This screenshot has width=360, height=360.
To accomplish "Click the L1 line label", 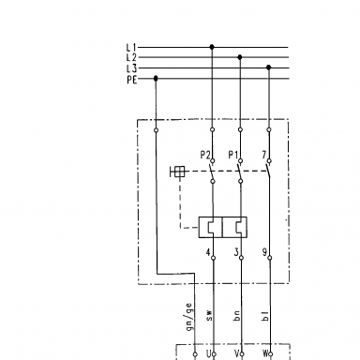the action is click(x=131, y=48).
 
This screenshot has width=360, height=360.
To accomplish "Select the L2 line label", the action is click(x=131, y=57).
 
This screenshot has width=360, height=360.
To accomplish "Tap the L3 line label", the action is click(x=131, y=68).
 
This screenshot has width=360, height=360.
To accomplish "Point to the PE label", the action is click(x=132, y=80).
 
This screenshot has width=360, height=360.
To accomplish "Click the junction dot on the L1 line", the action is click(x=212, y=47).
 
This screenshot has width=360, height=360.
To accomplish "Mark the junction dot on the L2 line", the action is click(x=240, y=57).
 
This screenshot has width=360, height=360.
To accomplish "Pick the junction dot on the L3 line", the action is click(x=268, y=67).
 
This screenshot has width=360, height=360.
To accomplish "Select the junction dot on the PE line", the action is click(x=156, y=78).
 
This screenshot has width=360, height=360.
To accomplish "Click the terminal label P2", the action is click(x=205, y=155).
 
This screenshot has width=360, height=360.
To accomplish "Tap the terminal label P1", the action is click(x=232, y=155).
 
